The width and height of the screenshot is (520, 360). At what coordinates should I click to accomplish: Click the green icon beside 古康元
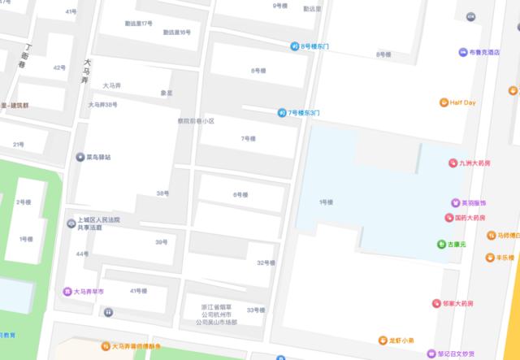[x=441, y=244]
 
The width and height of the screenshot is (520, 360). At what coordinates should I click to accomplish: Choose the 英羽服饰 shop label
[x=472, y=202]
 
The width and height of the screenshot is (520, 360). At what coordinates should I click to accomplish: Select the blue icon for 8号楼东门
[x=295, y=46]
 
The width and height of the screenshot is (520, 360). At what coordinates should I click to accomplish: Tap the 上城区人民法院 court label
[x=97, y=220]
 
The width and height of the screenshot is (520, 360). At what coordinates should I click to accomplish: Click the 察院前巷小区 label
[x=196, y=121]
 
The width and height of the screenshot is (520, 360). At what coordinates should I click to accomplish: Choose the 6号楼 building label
[x=240, y=194]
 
